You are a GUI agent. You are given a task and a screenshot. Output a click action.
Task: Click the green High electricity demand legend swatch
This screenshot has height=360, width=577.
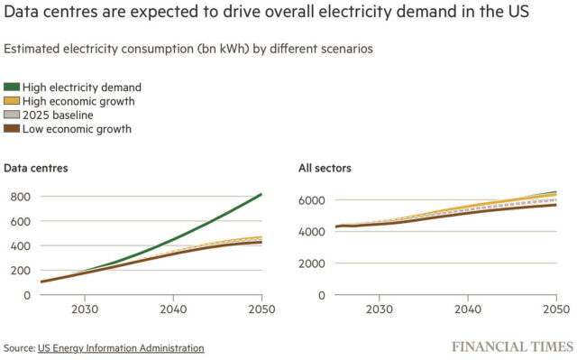12,88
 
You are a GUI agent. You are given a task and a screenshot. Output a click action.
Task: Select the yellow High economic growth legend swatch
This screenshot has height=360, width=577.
12,101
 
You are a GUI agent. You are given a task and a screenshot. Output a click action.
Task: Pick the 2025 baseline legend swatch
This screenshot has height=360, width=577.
12,115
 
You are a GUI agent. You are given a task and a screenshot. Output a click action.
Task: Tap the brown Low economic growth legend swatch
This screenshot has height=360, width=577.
12,129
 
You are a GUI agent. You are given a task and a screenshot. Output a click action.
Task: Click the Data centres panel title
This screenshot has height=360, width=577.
36,168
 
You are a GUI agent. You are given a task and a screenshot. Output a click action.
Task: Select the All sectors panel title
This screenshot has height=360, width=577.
325,168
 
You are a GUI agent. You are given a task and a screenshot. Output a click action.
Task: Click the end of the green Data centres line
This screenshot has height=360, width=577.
261,194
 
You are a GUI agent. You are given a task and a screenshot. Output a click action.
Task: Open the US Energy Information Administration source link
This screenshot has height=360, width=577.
121,348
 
